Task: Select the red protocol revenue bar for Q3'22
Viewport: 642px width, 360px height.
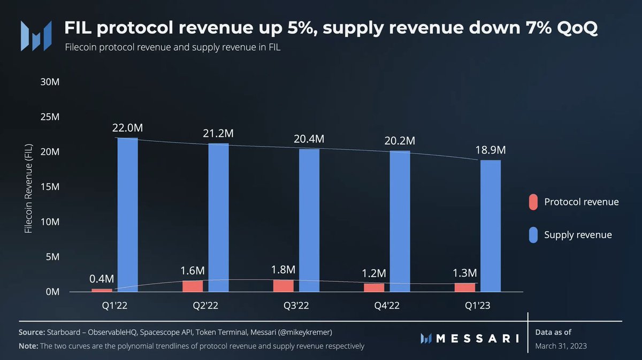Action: pos(283,286)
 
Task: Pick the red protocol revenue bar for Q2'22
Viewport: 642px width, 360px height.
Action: pos(193,286)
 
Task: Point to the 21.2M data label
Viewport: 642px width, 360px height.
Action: pos(218,134)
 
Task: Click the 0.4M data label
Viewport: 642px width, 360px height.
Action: pos(101,279)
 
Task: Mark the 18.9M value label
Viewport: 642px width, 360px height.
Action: pos(490,150)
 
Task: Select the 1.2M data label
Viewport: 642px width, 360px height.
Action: pos(373,273)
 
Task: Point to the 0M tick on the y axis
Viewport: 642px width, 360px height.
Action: pos(51,292)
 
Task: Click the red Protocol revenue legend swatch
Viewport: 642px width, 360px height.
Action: pos(533,202)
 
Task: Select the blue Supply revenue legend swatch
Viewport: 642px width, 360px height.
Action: pos(533,235)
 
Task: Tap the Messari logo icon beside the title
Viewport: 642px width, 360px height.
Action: pos(36,36)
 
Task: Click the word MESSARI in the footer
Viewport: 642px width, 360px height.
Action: pos(477,338)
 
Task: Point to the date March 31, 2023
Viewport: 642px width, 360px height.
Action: pos(561,346)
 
